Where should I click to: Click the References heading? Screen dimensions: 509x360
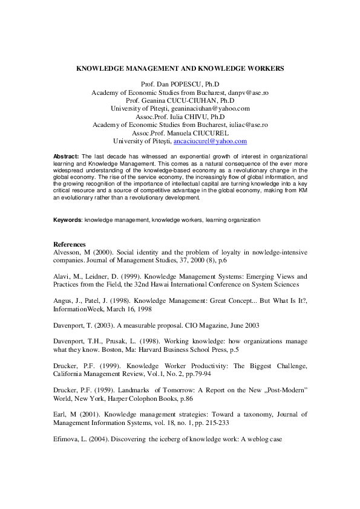[70, 244]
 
